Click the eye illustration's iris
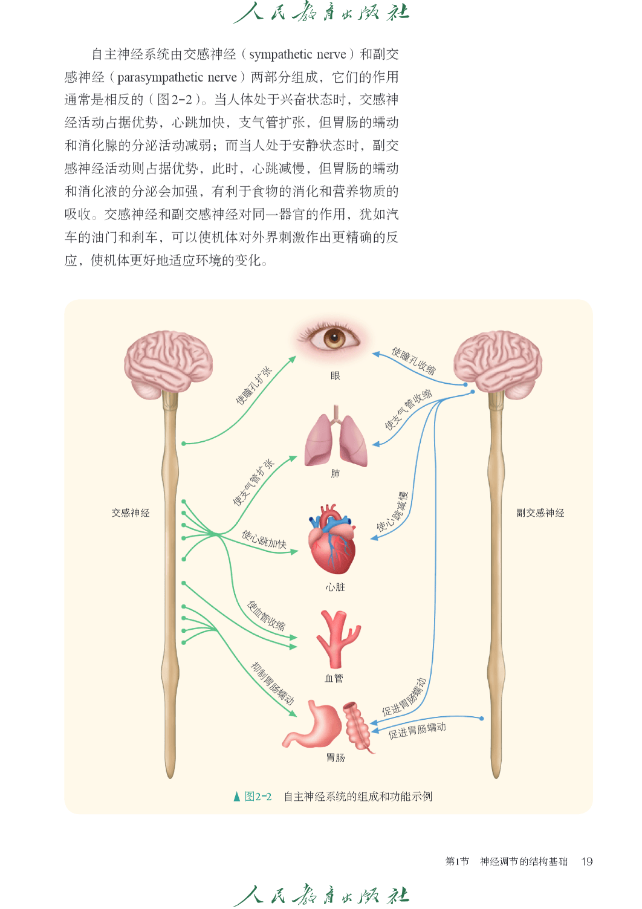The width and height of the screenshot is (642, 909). click(x=334, y=338)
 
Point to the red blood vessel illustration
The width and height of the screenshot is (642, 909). click(x=338, y=639)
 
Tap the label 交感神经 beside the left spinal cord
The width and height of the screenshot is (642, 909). click(x=131, y=513)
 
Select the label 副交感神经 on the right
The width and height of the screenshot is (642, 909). click(x=540, y=513)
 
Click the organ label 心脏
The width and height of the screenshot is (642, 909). click(x=335, y=587)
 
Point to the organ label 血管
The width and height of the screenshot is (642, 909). click(x=334, y=678)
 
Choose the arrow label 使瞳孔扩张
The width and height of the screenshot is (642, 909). click(x=254, y=385)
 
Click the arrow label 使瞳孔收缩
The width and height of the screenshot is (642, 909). click(x=413, y=361)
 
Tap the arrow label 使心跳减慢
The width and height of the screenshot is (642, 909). click(x=392, y=512)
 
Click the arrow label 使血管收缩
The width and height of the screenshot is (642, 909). click(x=266, y=616)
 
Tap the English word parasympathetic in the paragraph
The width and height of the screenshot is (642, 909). click(x=160, y=77)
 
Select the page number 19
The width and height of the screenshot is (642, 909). click(x=587, y=861)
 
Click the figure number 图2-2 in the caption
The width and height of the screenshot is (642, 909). click(x=258, y=797)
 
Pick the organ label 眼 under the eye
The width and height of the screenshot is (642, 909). click(x=335, y=376)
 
